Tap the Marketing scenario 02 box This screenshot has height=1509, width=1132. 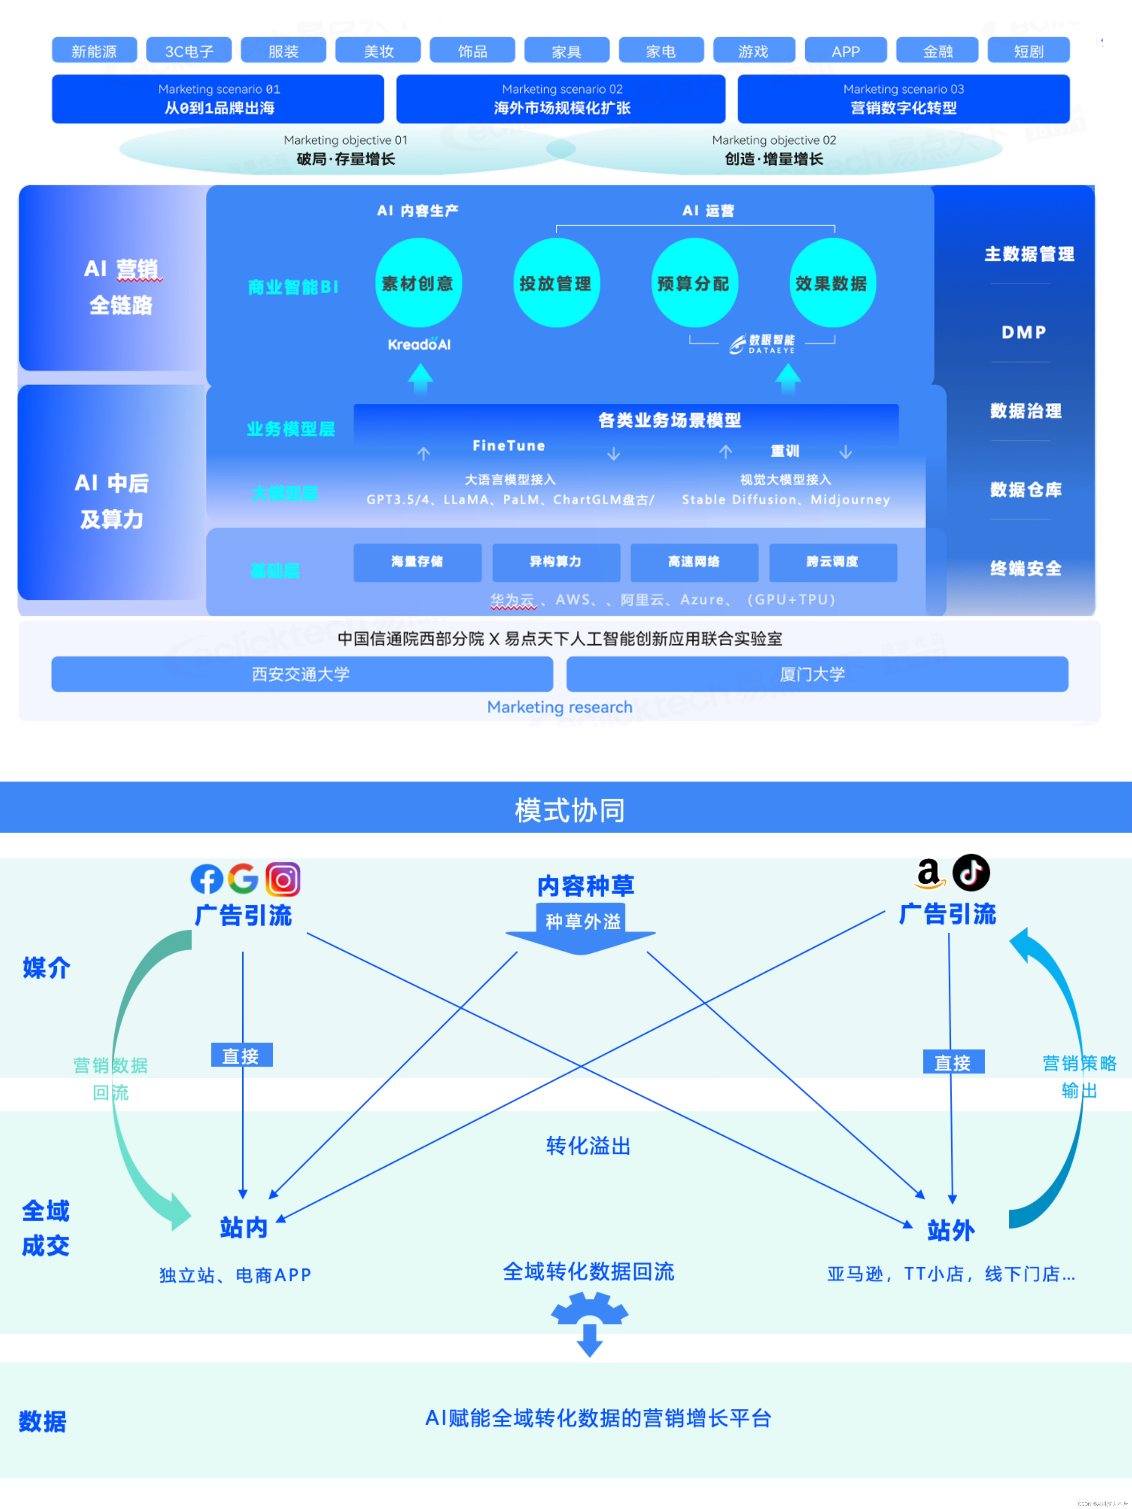(x=561, y=99)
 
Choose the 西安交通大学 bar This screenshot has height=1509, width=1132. (x=302, y=674)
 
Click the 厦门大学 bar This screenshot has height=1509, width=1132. (x=817, y=674)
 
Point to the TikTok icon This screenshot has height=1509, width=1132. (x=971, y=873)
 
